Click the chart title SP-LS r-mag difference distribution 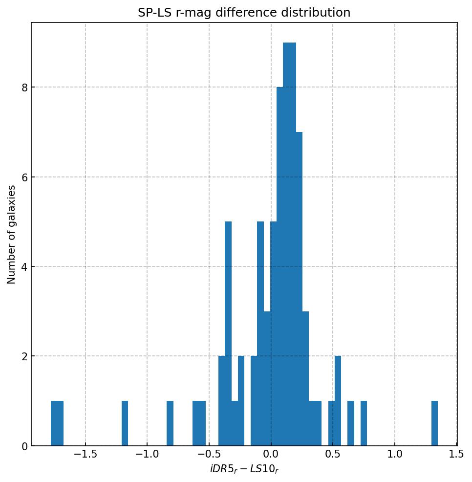244,13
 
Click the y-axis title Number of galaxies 12,234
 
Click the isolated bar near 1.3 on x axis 434,423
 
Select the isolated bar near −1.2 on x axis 125,423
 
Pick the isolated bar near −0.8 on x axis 170,423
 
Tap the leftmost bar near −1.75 57,423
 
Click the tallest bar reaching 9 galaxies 289,244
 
